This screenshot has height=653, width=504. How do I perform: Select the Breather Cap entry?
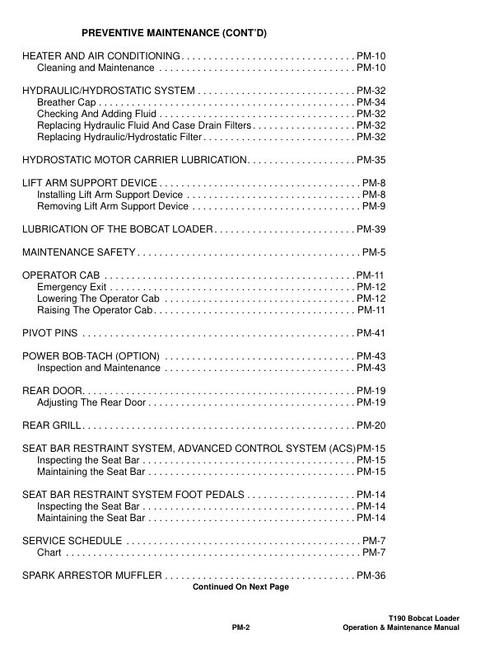point(64,102)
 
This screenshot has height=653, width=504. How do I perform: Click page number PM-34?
point(371,102)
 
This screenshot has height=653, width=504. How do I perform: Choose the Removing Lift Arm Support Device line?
point(113,206)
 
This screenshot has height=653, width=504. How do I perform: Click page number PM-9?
point(374,206)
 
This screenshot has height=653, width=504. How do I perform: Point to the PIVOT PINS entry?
point(50,333)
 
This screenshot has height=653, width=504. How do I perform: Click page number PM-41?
point(371,333)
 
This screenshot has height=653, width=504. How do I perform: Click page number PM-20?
point(371,425)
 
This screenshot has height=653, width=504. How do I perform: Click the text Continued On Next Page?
point(240,587)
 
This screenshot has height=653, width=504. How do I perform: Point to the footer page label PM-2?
point(240,627)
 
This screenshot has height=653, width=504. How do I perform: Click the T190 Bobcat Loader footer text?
point(423,618)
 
